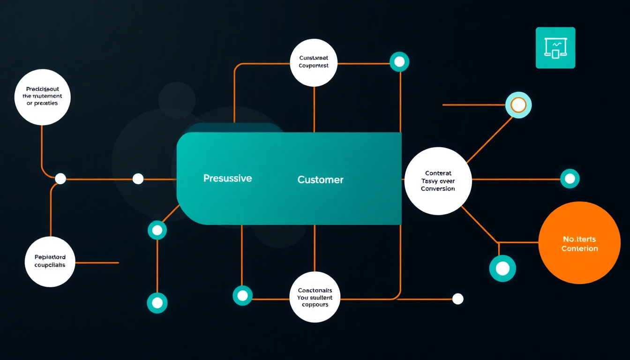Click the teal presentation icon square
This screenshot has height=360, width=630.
[x=555, y=48]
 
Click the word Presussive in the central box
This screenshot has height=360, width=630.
[x=227, y=179]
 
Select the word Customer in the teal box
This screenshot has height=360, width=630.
[x=320, y=180]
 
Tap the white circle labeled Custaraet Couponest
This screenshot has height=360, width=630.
[x=314, y=63]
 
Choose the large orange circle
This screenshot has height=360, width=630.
[x=579, y=243]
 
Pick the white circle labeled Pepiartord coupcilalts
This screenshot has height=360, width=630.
[x=50, y=262]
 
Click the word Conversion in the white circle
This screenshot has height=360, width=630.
[x=438, y=189]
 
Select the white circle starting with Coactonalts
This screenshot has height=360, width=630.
[x=315, y=297]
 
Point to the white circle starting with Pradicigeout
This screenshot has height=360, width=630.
[x=42, y=97]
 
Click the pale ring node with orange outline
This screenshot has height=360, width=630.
[x=518, y=105]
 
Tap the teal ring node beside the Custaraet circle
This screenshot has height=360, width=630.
[x=399, y=62]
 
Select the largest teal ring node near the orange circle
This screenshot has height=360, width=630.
[x=502, y=269]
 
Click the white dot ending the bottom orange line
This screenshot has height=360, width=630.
[x=457, y=299]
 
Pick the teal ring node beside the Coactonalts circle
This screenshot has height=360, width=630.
[x=242, y=295]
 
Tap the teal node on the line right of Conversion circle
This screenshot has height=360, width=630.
[x=570, y=179]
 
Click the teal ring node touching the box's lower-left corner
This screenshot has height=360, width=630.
[x=157, y=230]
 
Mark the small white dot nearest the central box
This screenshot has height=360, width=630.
[x=138, y=179]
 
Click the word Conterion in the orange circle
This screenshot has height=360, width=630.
[x=580, y=248]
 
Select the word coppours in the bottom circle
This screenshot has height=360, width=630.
[x=315, y=305]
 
